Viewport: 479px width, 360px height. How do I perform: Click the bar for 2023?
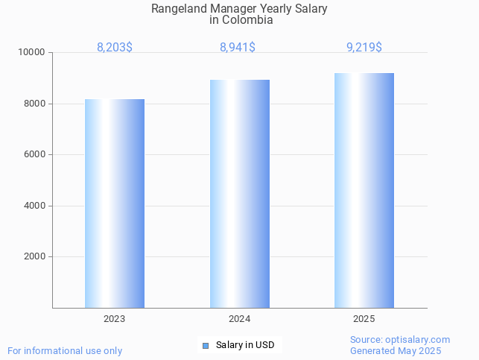(115, 203)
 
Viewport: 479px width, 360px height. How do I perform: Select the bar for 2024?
(240, 194)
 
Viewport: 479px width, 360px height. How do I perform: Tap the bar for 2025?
(364, 190)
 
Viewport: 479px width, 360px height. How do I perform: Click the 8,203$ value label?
(115, 48)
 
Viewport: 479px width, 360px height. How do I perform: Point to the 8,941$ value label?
(238, 48)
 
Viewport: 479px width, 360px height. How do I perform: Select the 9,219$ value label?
(364, 48)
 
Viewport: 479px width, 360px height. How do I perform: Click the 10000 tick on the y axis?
(33, 53)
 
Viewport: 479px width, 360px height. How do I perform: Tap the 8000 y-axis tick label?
(36, 104)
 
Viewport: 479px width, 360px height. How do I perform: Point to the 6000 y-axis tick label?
(36, 155)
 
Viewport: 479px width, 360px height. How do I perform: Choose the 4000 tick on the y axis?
(36, 206)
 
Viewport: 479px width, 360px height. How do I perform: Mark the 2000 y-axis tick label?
(36, 257)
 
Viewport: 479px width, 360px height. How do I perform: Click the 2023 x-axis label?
(115, 319)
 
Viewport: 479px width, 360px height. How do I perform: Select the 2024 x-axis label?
(240, 319)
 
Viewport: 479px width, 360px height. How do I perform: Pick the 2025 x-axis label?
(364, 319)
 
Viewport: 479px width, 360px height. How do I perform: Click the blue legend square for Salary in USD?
(206, 345)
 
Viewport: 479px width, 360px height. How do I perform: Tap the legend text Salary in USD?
(245, 345)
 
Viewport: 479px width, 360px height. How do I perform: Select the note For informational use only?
(65, 350)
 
